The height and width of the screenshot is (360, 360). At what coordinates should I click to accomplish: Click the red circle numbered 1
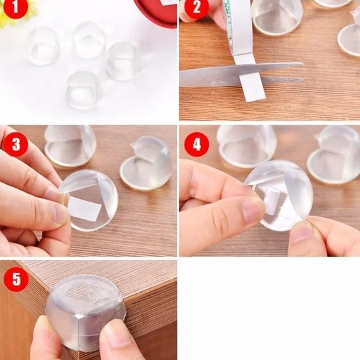(x=15, y=7)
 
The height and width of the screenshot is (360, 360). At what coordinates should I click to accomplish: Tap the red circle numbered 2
(x=196, y=7)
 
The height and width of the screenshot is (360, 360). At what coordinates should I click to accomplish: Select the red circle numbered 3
(x=16, y=144)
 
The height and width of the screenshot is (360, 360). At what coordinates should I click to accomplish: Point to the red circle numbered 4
(x=197, y=144)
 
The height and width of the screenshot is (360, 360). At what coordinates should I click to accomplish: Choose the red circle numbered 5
(x=16, y=279)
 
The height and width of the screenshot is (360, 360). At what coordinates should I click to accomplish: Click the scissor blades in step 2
(x=241, y=74)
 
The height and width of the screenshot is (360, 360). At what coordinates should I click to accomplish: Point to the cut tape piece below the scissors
(x=253, y=88)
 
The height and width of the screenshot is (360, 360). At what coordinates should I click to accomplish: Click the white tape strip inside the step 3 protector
(x=85, y=208)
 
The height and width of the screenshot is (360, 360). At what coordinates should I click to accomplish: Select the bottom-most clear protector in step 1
(x=84, y=90)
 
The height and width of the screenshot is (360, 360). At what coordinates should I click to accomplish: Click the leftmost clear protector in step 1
(x=43, y=45)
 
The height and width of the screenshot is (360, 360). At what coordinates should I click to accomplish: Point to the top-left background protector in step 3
(x=69, y=145)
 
